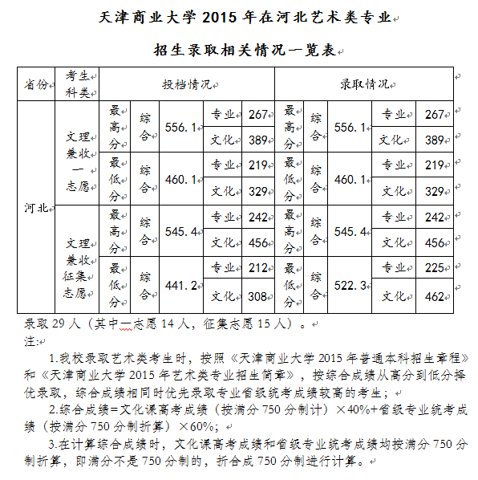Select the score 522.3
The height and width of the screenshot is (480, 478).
(x=350, y=286)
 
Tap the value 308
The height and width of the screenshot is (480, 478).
(x=257, y=297)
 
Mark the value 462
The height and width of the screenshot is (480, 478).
(x=434, y=297)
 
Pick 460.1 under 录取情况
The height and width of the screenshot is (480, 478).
(x=350, y=179)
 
